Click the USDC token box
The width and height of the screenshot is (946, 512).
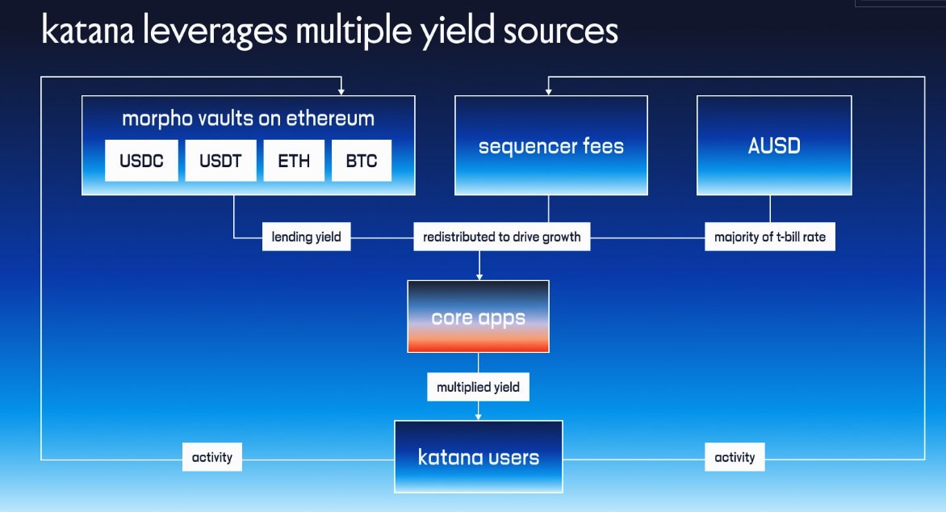[x=141, y=161]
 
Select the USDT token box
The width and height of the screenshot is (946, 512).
[x=220, y=161]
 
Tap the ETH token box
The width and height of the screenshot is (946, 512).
[x=294, y=161]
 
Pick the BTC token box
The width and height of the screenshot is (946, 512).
[x=361, y=161]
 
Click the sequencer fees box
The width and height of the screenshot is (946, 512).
[x=550, y=145]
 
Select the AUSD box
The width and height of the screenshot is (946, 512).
[x=773, y=145]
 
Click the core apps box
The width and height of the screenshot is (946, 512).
[x=478, y=317]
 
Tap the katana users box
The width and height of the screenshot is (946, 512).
[x=478, y=457]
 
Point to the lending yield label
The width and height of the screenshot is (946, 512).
[x=306, y=237]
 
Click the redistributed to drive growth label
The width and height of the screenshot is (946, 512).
[x=502, y=237]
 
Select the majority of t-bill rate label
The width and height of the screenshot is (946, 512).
[x=769, y=237]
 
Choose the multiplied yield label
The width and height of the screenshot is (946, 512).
[x=478, y=388]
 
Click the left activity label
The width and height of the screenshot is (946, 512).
[x=212, y=457]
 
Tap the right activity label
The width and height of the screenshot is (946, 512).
[x=735, y=457]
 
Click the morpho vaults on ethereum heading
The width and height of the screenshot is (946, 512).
[x=248, y=119]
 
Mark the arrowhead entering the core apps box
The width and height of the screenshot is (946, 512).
[x=479, y=276]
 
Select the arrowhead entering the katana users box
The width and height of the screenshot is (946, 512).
[x=479, y=417]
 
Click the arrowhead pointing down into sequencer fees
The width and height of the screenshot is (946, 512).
[x=550, y=91]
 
